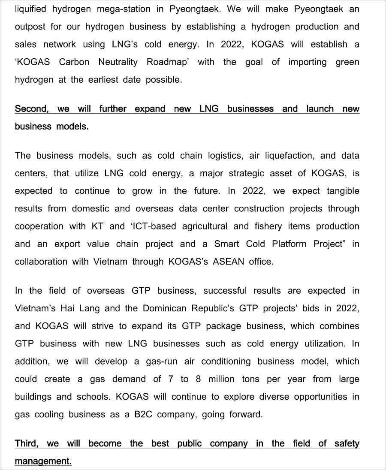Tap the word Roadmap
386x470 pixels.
click(167, 62)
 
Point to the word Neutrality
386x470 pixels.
click(118, 62)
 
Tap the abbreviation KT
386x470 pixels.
click(97, 226)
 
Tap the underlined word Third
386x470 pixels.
click(26, 443)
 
